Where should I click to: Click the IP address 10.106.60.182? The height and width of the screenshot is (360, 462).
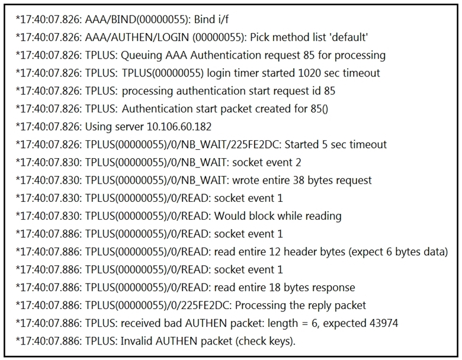click(x=179, y=127)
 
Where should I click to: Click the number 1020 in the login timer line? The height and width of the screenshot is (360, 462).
click(x=309, y=73)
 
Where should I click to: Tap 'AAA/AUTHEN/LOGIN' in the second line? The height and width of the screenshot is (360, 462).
click(x=137, y=37)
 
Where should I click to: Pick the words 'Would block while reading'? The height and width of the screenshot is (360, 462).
click(x=278, y=216)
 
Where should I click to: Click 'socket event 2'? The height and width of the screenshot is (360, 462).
click(x=267, y=163)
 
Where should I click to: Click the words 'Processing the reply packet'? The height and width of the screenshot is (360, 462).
click(x=300, y=306)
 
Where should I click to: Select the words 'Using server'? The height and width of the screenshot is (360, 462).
click(x=115, y=127)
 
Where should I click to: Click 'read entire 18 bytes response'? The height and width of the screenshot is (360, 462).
click(x=285, y=288)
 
